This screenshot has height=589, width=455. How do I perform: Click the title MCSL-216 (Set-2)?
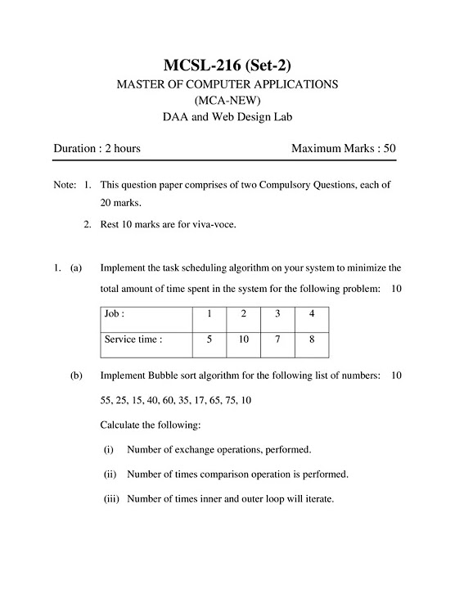pyautogui.click(x=227, y=65)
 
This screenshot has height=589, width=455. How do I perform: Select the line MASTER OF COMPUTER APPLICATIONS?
pyautogui.click(x=227, y=84)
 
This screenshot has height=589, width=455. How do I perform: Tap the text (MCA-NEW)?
pyautogui.click(x=227, y=101)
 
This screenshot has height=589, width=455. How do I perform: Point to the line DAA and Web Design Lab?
pyautogui.click(x=227, y=118)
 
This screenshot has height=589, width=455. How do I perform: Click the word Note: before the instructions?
pyautogui.click(x=65, y=185)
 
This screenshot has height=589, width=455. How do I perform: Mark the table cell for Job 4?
pyautogui.click(x=312, y=313)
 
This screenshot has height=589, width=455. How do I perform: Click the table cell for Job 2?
pyautogui.click(x=244, y=313)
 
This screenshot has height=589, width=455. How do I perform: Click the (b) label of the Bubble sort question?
pyautogui.click(x=76, y=375)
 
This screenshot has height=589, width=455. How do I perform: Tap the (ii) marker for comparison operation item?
pyautogui.click(x=110, y=474)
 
